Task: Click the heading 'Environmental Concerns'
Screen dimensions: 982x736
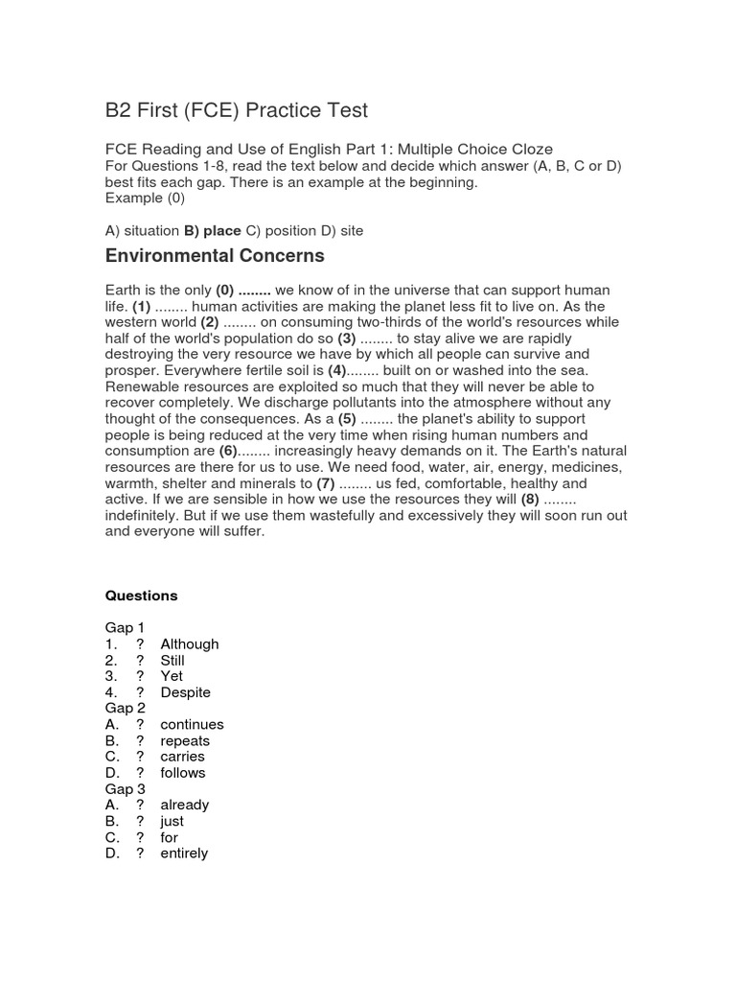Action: [x=215, y=256]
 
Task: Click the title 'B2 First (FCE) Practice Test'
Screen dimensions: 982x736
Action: [x=236, y=110]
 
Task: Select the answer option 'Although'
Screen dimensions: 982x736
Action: [x=189, y=644]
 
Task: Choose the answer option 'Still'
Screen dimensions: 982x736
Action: [x=172, y=661]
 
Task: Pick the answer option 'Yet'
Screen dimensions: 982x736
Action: [x=172, y=676]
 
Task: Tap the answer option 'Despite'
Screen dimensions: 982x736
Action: [x=185, y=692]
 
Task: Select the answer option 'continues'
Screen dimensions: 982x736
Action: [x=192, y=725]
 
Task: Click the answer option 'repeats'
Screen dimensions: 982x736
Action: [x=185, y=741]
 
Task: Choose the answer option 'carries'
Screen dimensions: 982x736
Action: [x=182, y=757]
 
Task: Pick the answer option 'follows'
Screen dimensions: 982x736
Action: [x=182, y=773]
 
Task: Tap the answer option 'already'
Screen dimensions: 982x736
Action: [x=184, y=806]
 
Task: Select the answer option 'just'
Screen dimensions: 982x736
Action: [x=172, y=822]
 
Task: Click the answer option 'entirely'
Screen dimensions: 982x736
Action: [x=184, y=853]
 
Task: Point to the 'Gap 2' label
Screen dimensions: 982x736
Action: [x=126, y=709]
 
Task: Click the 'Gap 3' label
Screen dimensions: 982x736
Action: [x=126, y=789]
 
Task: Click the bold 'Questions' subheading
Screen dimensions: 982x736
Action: [x=141, y=596]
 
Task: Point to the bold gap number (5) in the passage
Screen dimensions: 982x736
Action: [x=346, y=419]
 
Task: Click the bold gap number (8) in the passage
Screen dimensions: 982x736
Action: [x=530, y=500]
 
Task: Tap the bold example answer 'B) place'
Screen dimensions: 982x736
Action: [x=213, y=231]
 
